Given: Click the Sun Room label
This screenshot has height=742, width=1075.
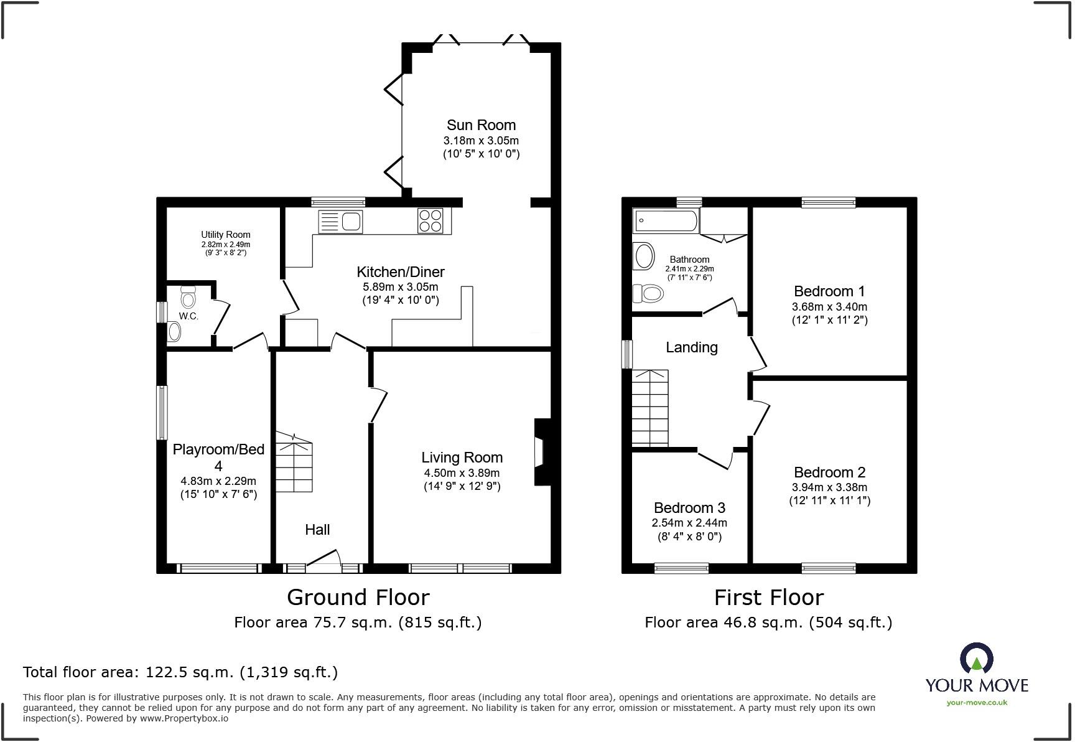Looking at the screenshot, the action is point(481,124).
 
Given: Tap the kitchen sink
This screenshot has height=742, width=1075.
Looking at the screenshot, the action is point(340,221).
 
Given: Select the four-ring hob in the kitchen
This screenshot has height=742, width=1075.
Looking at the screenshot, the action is point(430,220).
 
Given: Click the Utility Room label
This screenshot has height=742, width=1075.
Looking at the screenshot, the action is point(225,235).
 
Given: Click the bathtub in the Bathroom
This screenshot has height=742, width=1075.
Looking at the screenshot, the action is point(666,220).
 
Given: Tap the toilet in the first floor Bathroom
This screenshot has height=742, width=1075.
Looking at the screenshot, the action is point(648,293).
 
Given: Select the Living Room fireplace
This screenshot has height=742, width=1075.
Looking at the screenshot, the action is point(539,452).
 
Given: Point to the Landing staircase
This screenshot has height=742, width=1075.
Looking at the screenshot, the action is point(650,408).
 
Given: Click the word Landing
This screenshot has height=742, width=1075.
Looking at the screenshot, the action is point(692,347).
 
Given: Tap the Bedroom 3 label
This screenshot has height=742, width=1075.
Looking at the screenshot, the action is point(689,508).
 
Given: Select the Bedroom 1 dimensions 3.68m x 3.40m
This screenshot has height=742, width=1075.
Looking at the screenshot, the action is point(829,307).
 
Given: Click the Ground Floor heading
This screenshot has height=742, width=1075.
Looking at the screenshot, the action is point(358,598).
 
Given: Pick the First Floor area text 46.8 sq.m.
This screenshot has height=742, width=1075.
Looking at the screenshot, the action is point(768,622).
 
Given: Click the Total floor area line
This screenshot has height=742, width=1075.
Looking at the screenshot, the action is point(180,672).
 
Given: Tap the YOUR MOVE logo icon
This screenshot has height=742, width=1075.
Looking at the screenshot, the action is point(977,659).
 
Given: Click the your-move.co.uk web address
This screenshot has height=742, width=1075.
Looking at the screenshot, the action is point(977,703).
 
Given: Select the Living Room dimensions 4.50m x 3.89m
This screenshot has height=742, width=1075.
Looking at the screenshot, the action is point(462,473).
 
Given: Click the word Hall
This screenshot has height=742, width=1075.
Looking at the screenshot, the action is point(317,530).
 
